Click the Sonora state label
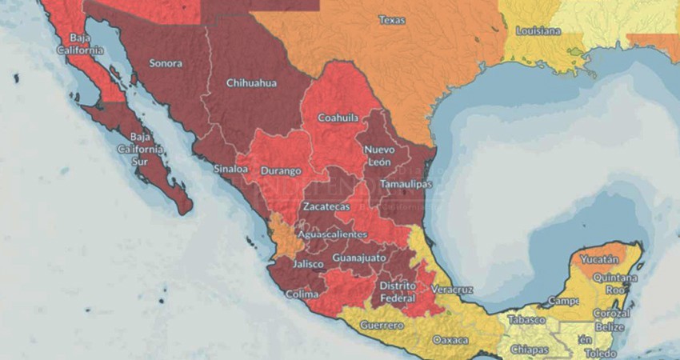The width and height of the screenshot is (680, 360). pos(166,63)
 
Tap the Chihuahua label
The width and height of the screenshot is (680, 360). pos(250,82)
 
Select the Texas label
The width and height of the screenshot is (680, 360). pos(391,19)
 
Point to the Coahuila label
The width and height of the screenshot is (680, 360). pos(337,117)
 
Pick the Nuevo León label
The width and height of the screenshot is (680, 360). pos(379,156)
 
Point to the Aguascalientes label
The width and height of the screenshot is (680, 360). pos(332,234)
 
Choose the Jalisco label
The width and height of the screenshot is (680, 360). pos(308,263)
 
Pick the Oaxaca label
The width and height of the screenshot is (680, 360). pos(450,340)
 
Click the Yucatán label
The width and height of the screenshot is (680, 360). pos(600,260)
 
